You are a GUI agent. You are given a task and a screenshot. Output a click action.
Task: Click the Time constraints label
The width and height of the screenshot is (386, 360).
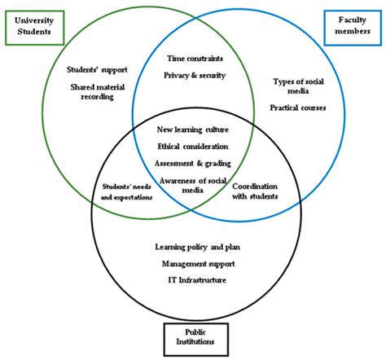[x=194, y=59]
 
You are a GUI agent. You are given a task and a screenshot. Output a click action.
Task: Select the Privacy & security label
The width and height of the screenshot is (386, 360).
[x=194, y=75]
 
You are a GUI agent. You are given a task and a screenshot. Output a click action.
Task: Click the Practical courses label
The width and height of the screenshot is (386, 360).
[x=298, y=108]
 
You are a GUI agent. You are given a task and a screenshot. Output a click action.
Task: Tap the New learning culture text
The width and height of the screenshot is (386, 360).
[x=193, y=130]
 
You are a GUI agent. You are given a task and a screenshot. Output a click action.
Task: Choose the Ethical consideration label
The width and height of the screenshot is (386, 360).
[x=193, y=146]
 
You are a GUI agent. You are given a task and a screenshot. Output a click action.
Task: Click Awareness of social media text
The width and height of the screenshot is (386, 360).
[x=193, y=184]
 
